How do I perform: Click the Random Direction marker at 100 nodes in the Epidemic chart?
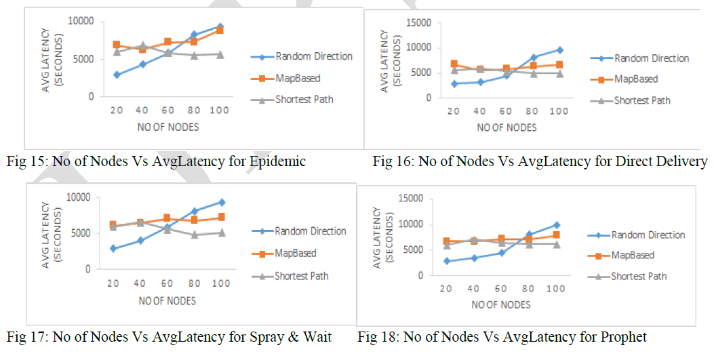[220, 26]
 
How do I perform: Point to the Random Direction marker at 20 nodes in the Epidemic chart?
[117, 75]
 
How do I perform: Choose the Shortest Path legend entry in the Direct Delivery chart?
[641, 100]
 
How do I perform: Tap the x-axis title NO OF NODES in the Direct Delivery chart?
[506, 127]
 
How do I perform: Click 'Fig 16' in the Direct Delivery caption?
[390, 161]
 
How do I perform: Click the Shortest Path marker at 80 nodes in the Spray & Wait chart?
[194, 235]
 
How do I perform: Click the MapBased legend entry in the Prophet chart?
[632, 256]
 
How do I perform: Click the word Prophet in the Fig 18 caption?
[623, 337]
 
